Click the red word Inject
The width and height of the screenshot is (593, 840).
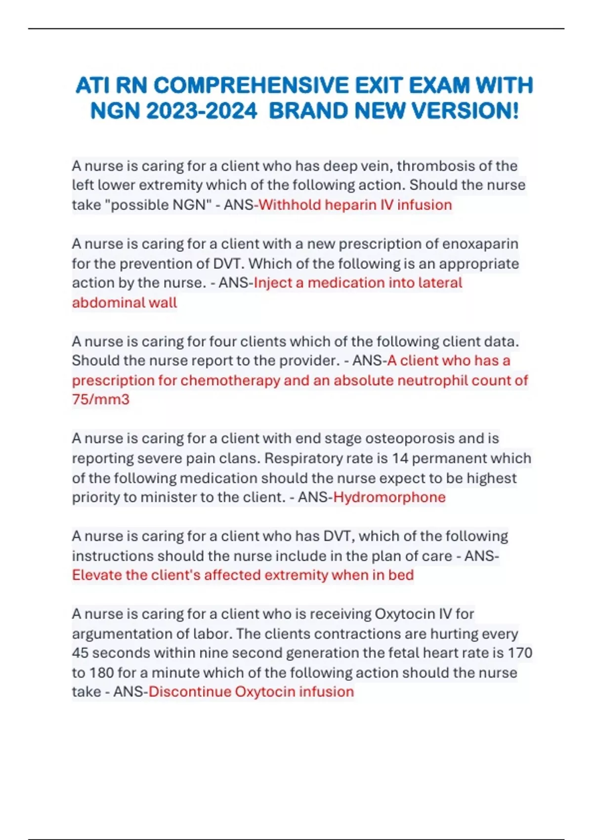tap(273, 283)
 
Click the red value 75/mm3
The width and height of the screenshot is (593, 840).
tap(101, 399)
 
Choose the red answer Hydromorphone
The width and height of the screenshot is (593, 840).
tap(389, 497)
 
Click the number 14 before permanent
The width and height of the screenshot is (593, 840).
tap(400, 458)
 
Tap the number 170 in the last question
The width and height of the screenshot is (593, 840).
tap(520, 653)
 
